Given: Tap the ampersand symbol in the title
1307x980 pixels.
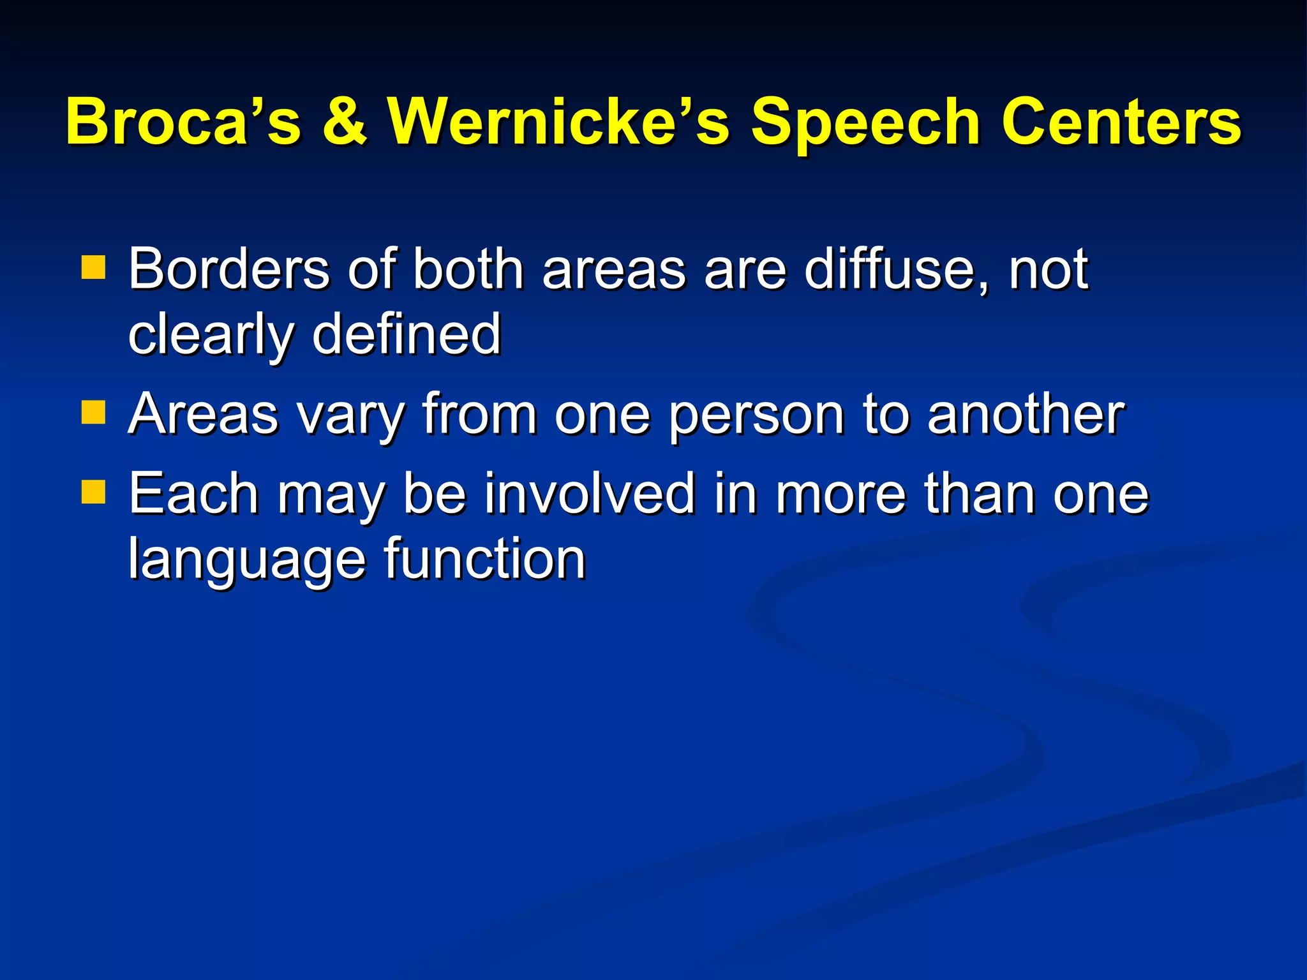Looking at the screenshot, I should pos(345,121).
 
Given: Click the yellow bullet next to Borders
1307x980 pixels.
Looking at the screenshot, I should pos(93,268).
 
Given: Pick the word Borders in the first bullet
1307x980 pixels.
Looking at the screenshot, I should pos(228,269).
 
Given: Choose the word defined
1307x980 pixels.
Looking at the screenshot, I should pos(406,334).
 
